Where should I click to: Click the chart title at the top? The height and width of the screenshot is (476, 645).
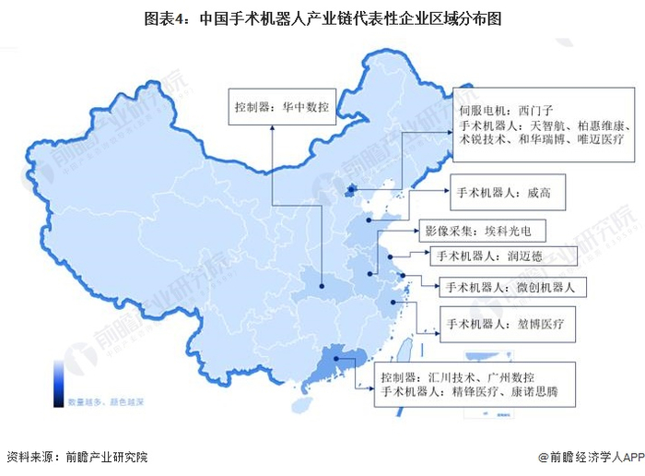click(x=322, y=17)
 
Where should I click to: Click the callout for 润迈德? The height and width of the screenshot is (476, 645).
click(x=494, y=256)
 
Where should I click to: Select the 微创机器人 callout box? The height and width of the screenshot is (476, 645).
click(x=508, y=288)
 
